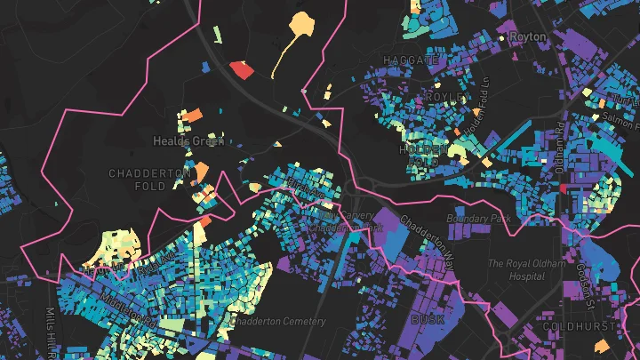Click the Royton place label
point(528,37)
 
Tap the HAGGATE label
point(410,60)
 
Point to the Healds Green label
point(180,140)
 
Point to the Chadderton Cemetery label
point(278,321)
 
